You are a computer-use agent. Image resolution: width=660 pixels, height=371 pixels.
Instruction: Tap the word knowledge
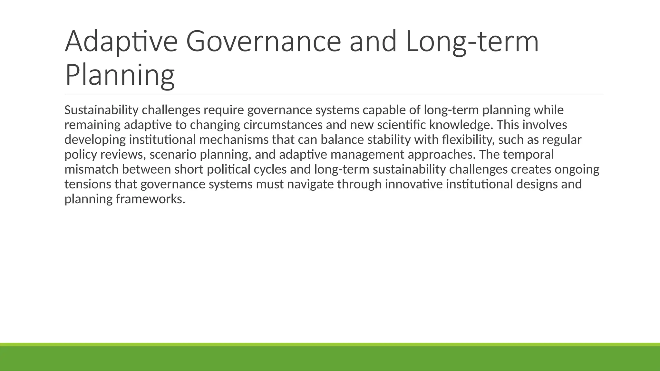[461, 125]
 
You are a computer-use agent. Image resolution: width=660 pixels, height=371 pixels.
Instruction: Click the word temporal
[528, 155]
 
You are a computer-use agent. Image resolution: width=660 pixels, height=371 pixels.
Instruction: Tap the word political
[228, 169]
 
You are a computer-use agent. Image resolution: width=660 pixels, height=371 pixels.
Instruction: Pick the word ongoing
[577, 169]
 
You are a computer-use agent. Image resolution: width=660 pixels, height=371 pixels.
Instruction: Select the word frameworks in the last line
[150, 199]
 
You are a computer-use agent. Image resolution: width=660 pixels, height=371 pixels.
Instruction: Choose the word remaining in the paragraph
[92, 125]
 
